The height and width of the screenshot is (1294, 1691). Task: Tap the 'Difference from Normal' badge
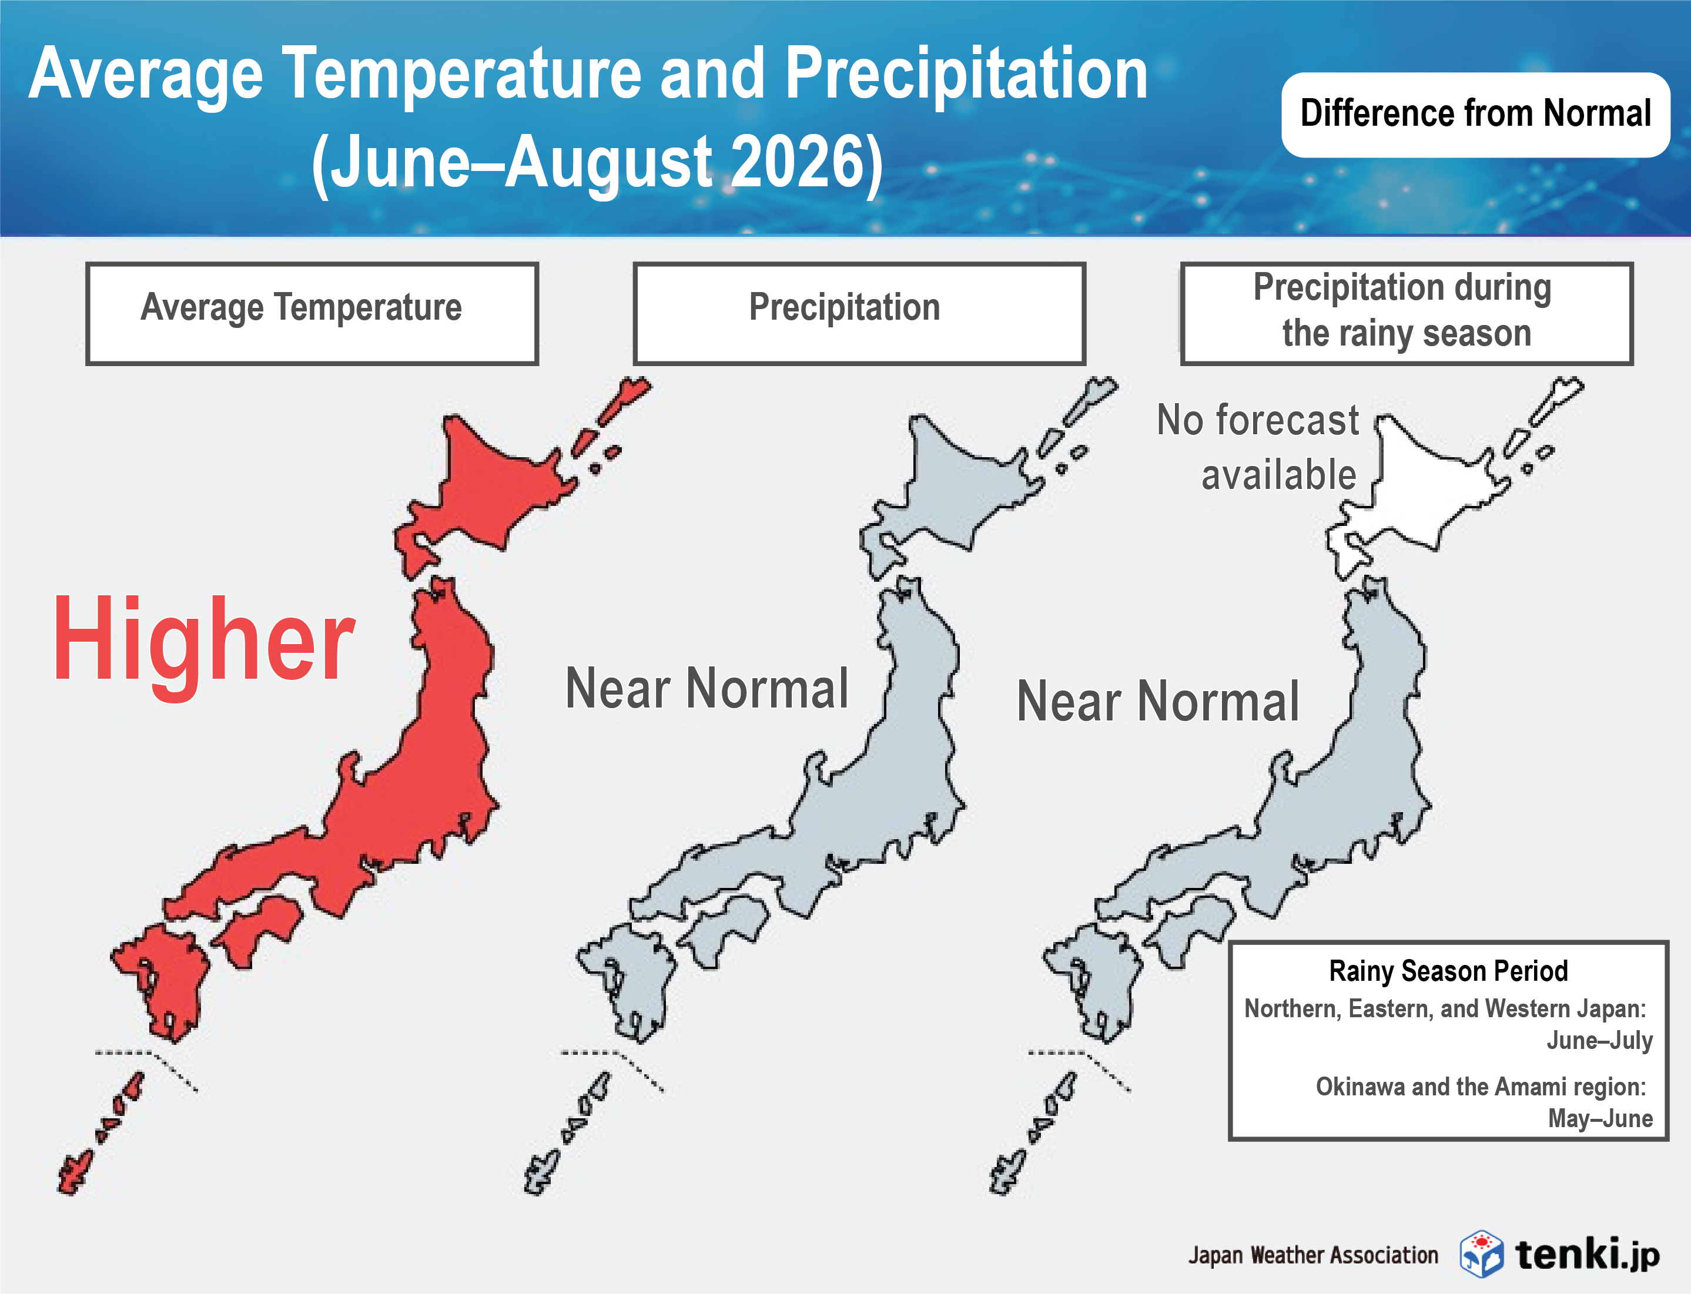(1475, 114)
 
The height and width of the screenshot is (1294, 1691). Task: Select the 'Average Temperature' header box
(312, 313)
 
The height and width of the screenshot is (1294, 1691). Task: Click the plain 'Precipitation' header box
(858, 313)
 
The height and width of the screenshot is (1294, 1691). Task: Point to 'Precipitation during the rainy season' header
(1405, 313)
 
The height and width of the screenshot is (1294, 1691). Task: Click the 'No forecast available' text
(1259, 447)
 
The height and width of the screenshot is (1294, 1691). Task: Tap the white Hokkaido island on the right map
(1425, 485)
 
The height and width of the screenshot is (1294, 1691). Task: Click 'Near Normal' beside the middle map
(706, 688)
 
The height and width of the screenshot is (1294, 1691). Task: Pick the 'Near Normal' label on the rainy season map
(1158, 701)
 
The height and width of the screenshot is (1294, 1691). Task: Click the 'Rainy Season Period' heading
(1448, 971)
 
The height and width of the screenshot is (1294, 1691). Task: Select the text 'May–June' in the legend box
(1600, 1118)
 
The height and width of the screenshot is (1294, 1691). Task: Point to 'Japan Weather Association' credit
(1312, 1255)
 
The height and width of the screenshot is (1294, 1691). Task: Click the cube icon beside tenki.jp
(1481, 1253)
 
